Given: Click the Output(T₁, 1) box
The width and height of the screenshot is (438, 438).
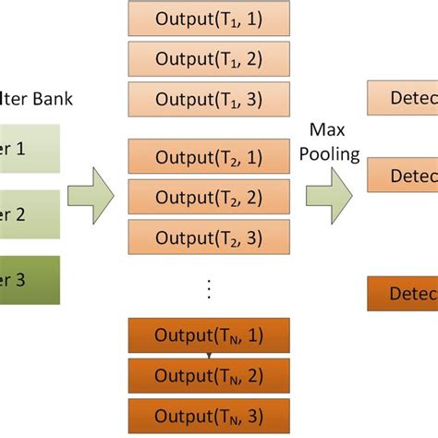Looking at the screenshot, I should [x=209, y=18].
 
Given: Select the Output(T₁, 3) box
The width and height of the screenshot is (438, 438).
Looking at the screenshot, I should [x=209, y=99].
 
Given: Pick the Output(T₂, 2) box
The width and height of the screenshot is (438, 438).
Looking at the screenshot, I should [x=209, y=196].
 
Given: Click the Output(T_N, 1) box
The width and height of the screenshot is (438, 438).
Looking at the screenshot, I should [x=209, y=335].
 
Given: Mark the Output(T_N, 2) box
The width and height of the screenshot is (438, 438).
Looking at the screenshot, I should [x=209, y=375].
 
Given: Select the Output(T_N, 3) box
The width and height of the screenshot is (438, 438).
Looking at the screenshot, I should [x=209, y=415].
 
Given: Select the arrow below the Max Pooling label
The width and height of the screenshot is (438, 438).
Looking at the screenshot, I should [x=330, y=192].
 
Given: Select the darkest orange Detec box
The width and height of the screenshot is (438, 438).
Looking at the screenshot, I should [x=403, y=293].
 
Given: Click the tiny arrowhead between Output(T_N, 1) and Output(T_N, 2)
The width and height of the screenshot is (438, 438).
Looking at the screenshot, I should [x=209, y=355].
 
